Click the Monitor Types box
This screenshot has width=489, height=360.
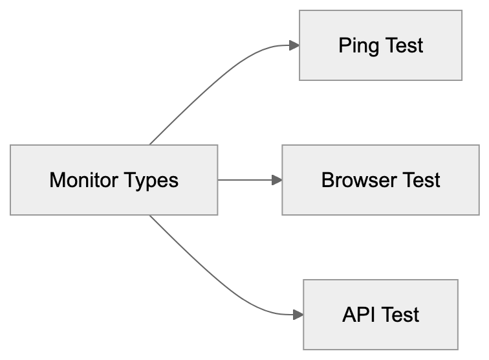114,180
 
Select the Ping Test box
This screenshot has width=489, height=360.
380,45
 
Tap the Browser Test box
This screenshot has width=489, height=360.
380,180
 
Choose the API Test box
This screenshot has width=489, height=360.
380,315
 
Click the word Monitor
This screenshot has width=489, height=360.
81,180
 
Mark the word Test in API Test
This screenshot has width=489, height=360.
400,315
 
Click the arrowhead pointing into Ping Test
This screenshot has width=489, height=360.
294,45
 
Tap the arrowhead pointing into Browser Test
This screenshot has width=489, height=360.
277,180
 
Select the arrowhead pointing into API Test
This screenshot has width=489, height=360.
298,315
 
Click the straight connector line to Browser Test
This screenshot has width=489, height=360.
246,180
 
